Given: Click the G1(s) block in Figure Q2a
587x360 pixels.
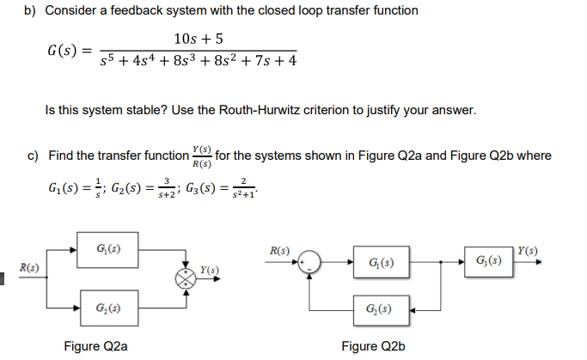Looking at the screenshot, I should pos(107,249).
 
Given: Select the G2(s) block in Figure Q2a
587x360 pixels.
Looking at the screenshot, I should pos(107,307).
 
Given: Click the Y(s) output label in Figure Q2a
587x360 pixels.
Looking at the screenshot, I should pos(209,271).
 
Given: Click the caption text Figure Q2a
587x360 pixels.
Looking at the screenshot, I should pos(96,346).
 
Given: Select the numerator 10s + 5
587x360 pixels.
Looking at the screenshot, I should pos(199,39).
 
